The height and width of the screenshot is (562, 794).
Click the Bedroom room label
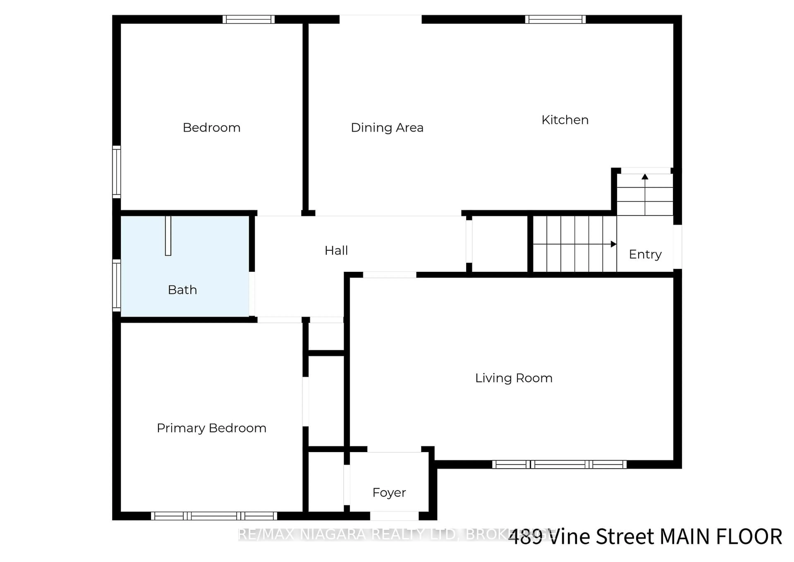(211, 128)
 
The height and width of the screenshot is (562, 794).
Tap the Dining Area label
(387, 128)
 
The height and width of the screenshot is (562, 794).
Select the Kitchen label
(565, 120)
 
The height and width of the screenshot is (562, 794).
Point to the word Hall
(336, 251)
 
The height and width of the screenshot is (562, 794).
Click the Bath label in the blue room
(182, 290)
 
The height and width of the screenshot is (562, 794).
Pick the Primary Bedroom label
(211, 428)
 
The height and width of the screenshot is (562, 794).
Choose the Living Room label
(513, 378)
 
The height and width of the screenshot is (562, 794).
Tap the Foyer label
(389, 493)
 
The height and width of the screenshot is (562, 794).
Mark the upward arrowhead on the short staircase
(645, 177)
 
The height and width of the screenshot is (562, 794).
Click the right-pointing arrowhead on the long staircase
(613, 244)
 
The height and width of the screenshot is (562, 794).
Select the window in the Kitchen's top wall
(555, 19)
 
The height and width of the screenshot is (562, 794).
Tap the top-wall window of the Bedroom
(248, 19)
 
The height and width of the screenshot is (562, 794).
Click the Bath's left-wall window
(117, 286)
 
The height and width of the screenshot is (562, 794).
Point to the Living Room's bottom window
(559, 464)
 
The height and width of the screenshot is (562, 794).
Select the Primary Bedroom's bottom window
(214, 516)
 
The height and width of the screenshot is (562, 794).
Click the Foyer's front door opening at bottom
(394, 516)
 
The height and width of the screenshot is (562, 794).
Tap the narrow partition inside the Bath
(168, 236)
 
